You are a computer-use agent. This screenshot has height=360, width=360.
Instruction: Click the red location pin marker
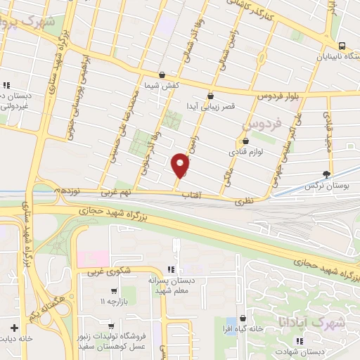click(181, 166)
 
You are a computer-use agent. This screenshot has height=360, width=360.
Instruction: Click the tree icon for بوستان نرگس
click(326, 174)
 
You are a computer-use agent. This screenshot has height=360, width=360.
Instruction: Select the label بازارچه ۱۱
click(115, 301)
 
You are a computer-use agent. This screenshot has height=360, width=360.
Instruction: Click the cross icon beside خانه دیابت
click(14, 327)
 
